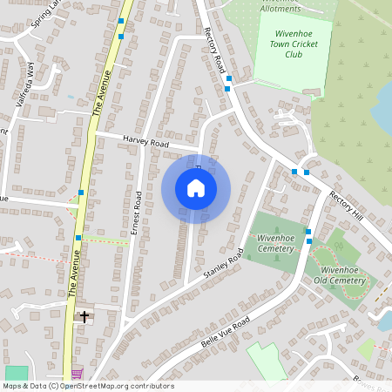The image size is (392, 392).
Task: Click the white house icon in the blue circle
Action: pyautogui.click(x=196, y=188)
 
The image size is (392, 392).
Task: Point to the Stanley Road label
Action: pyautogui.click(x=221, y=268)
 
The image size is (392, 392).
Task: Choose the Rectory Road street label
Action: pyautogui.click(x=215, y=49)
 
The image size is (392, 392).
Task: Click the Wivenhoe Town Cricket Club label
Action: pyautogui.click(x=293, y=43)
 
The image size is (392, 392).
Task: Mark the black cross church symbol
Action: pyautogui.click(x=84, y=316)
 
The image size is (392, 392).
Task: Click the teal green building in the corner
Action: pyautogui.click(x=16, y=373)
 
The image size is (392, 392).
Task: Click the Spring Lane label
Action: pyautogui.click(x=44, y=15)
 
